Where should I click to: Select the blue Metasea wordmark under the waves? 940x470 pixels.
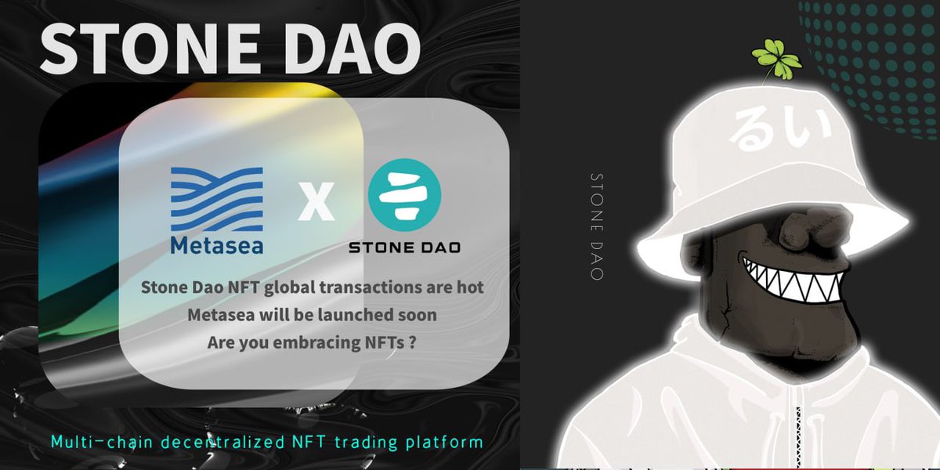pyautogui.click(x=217, y=245)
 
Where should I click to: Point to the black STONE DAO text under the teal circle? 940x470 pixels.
pyautogui.click(x=404, y=248)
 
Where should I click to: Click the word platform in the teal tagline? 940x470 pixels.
pyautogui.click(x=449, y=442)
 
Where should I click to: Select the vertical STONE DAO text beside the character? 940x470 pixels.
pyautogui.click(x=598, y=227)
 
